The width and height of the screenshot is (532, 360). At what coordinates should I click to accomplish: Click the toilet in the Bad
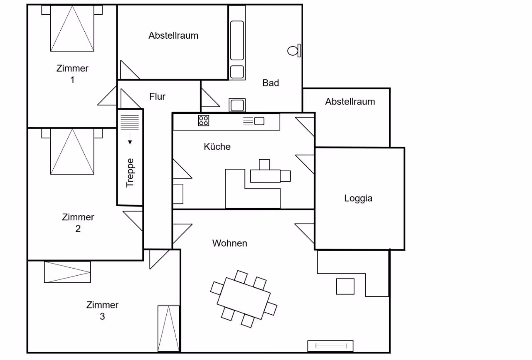(294, 51)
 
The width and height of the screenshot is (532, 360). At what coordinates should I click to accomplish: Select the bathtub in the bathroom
(237, 40)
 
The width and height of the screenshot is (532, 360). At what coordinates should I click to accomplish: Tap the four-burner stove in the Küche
(204, 121)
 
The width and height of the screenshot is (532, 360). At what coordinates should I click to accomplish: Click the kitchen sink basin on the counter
(259, 121)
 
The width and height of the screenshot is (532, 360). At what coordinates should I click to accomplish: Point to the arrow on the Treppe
(130, 138)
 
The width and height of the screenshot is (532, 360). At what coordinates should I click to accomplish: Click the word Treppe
(130, 173)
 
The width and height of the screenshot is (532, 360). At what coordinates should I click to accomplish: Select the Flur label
(157, 96)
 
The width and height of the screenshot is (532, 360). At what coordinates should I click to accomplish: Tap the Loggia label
(358, 198)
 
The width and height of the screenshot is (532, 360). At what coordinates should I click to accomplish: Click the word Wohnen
(230, 243)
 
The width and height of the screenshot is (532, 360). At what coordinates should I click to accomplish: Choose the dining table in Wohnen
(244, 298)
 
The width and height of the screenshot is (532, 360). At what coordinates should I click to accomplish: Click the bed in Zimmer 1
(72, 28)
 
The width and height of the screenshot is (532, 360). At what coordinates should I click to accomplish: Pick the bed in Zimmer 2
(72, 151)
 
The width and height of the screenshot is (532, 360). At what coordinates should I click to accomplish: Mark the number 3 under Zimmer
(102, 316)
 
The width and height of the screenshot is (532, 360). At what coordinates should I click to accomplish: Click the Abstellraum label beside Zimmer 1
(173, 35)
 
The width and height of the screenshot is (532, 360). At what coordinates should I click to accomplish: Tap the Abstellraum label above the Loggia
(350, 101)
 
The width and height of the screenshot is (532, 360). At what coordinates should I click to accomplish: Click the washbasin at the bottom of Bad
(237, 105)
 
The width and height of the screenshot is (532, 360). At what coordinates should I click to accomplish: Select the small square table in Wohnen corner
(345, 286)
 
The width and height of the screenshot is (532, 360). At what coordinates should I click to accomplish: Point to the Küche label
(217, 146)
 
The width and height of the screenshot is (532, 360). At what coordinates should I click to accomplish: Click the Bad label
(271, 83)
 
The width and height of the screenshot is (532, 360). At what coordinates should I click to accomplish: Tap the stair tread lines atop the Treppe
(130, 122)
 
